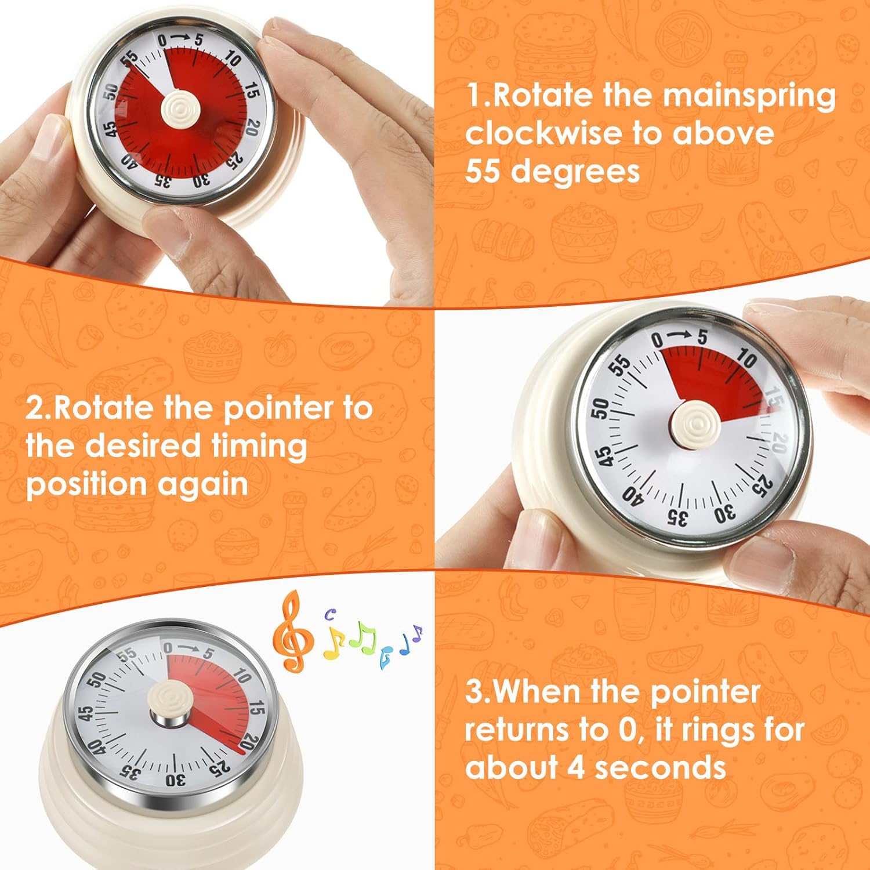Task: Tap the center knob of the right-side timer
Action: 694,426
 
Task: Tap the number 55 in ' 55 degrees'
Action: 484,171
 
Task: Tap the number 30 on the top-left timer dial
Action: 201,181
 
